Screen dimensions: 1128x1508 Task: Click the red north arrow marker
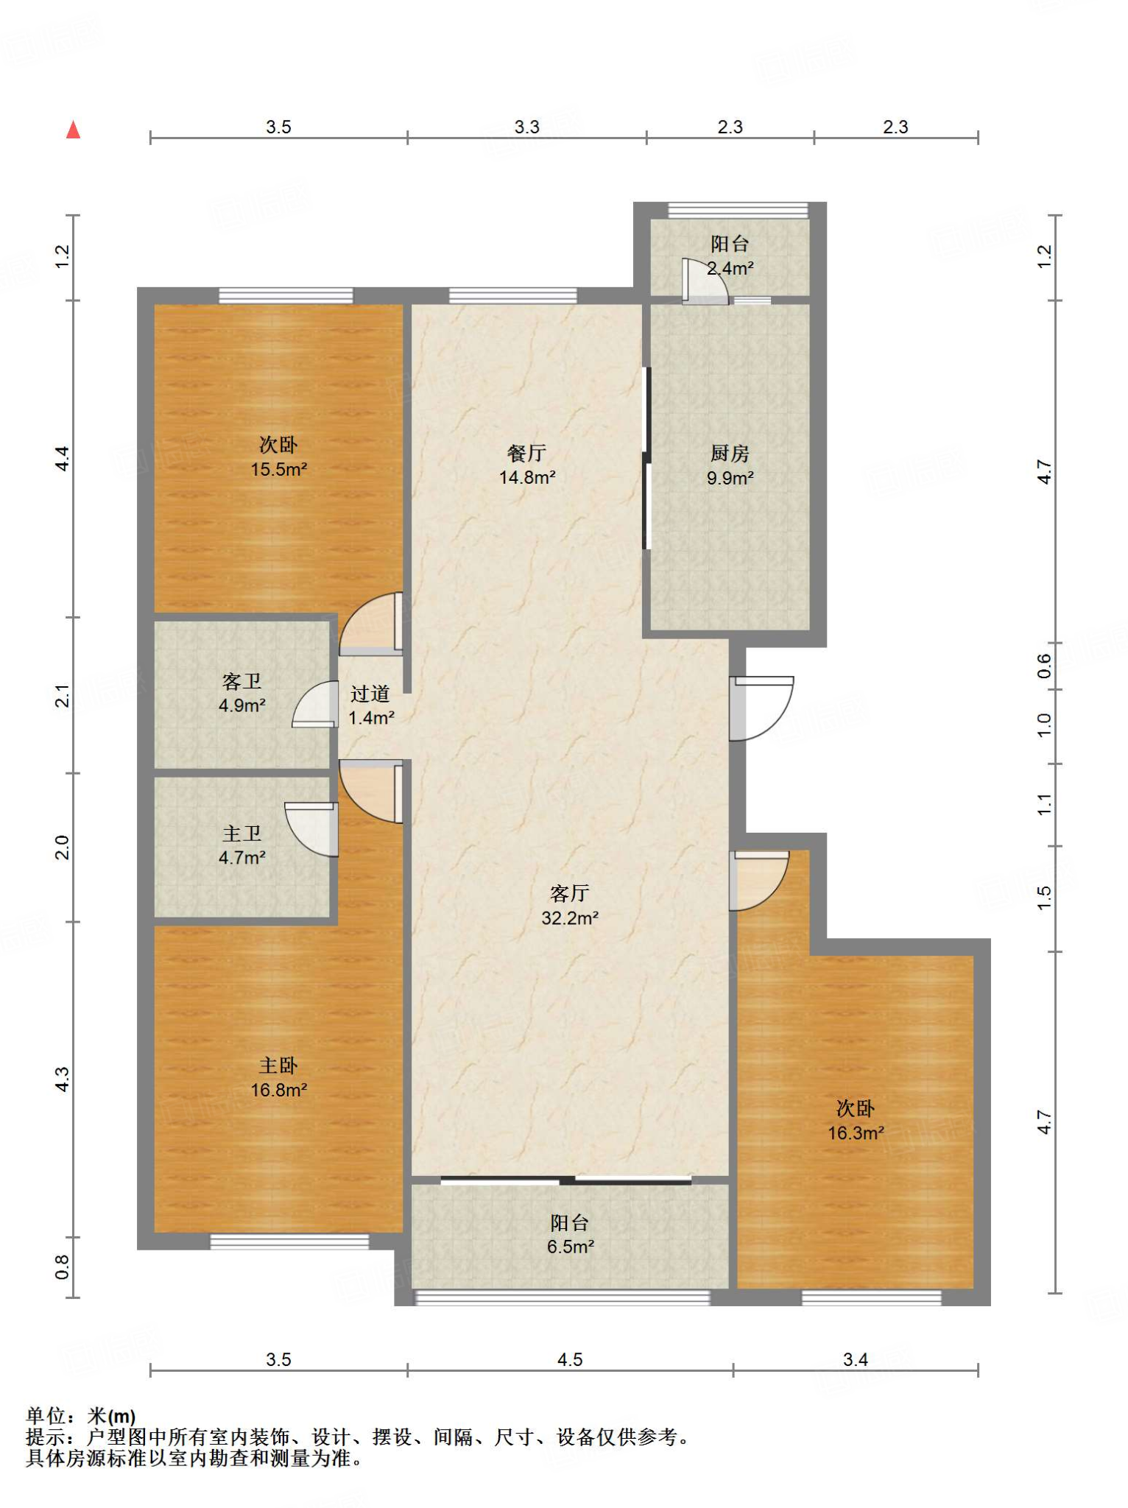(x=73, y=130)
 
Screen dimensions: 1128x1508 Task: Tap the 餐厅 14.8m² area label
(x=527, y=465)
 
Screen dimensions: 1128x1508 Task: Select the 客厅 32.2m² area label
(x=570, y=906)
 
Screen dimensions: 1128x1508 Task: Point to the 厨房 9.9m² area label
(x=730, y=465)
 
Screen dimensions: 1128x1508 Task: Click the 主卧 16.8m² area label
(x=278, y=1077)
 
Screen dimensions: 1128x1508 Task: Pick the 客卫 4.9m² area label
(x=242, y=693)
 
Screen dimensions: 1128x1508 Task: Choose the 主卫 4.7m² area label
(x=242, y=845)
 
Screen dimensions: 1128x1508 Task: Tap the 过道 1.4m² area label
(x=370, y=705)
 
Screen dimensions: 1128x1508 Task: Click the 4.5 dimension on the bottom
(x=570, y=1359)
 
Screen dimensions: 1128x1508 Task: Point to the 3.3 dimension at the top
(x=527, y=127)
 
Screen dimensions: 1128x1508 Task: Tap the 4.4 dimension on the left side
(x=63, y=459)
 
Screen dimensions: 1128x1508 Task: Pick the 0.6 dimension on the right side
(x=1044, y=666)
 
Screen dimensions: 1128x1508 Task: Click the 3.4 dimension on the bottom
(x=856, y=1359)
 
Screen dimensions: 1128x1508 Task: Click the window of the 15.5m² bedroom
(x=286, y=296)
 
